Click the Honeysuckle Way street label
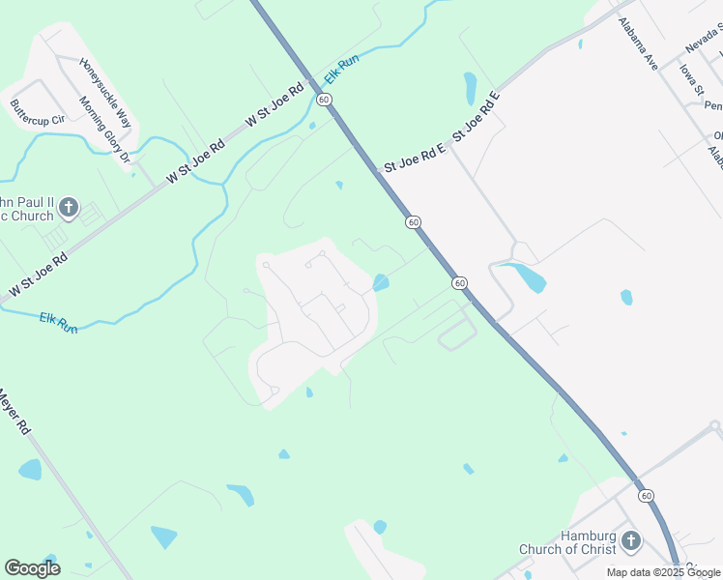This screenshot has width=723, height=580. pyautogui.click(x=105, y=94)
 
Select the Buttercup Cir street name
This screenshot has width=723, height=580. pyautogui.click(x=36, y=112)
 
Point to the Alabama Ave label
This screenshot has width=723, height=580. pyautogui.click(x=639, y=43)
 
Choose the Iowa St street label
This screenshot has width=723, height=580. pyautogui.click(x=690, y=81)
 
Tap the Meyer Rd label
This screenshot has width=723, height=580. pyautogui.click(x=14, y=411)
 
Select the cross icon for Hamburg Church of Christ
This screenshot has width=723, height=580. pyautogui.click(x=630, y=540)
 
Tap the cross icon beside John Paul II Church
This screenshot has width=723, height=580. pyautogui.click(x=68, y=206)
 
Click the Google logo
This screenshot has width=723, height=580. pyautogui.click(x=32, y=567)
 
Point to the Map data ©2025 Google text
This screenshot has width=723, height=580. pyautogui.click(x=664, y=572)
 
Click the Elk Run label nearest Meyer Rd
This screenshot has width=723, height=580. pyautogui.click(x=59, y=322)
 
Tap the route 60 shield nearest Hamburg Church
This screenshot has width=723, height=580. pyautogui.click(x=646, y=495)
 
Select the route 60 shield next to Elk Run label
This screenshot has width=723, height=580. pyautogui.click(x=323, y=100)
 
